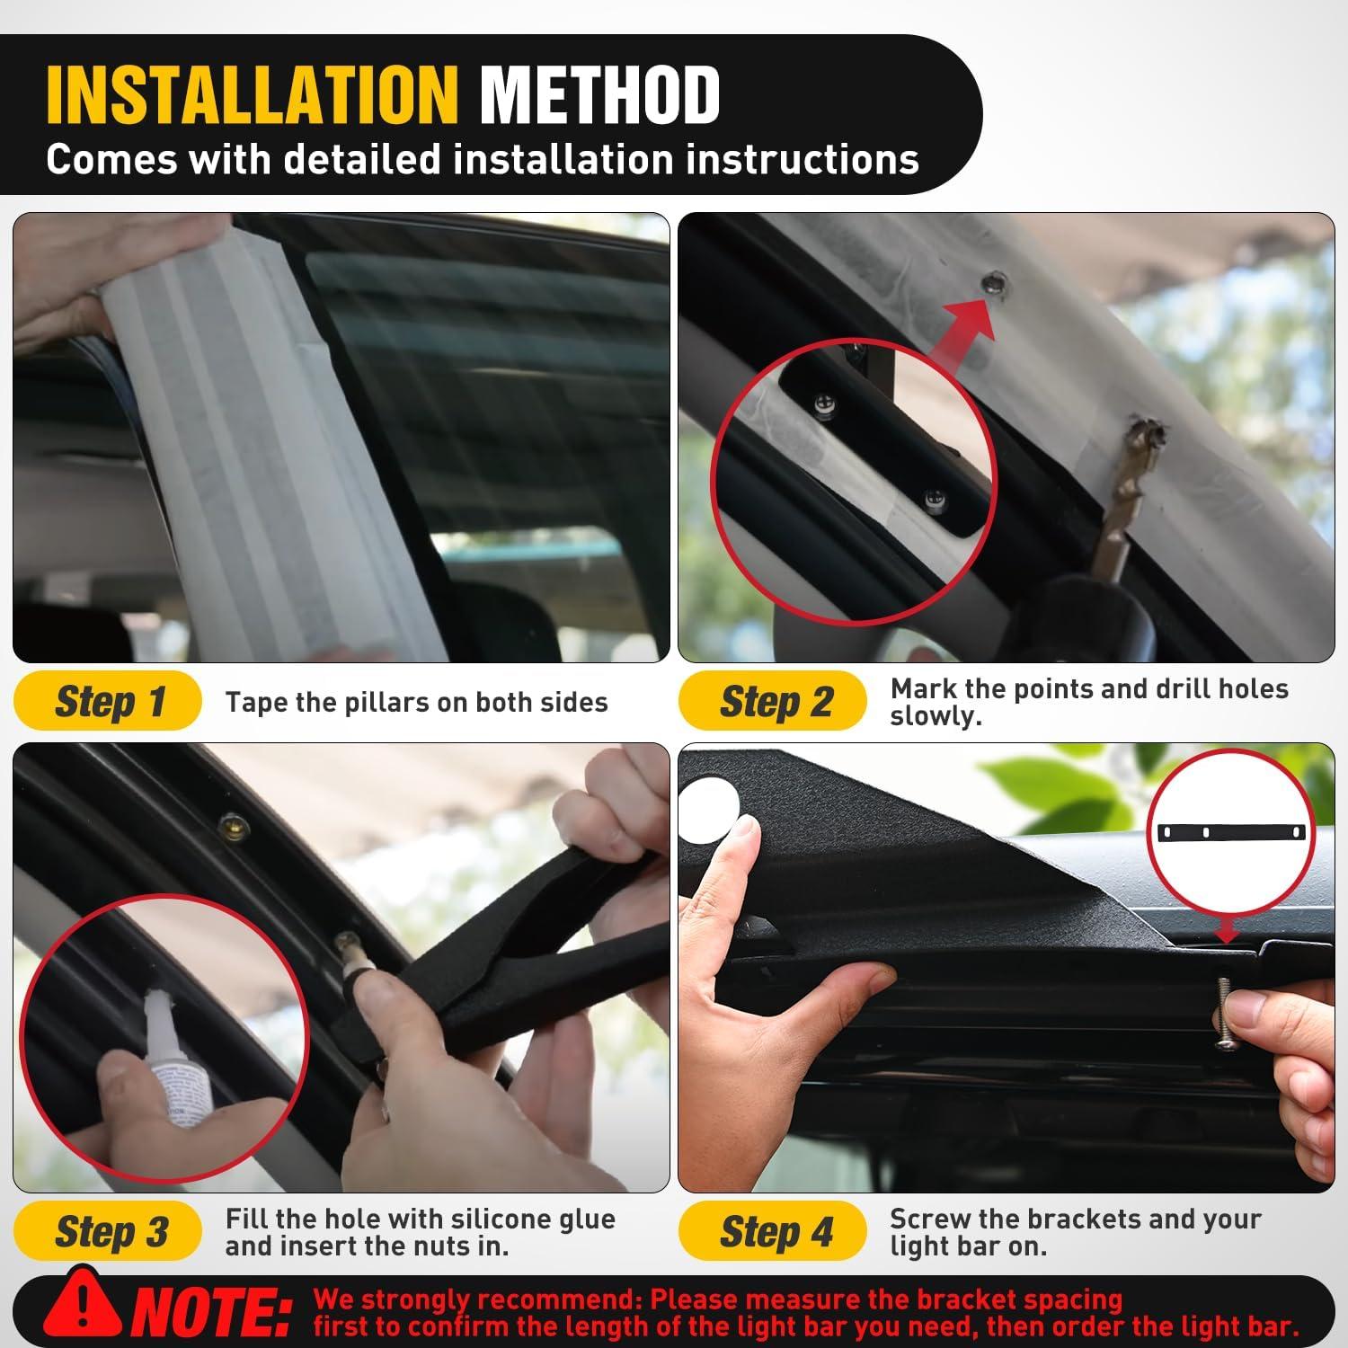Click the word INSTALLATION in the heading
(252, 93)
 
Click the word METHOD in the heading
(600, 93)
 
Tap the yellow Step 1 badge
(108, 701)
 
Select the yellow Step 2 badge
(773, 701)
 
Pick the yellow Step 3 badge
(108, 1231)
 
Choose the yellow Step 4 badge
(773, 1231)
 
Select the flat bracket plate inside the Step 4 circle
(1241, 832)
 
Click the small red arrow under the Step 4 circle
(1226, 931)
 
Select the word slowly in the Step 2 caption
(935, 716)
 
